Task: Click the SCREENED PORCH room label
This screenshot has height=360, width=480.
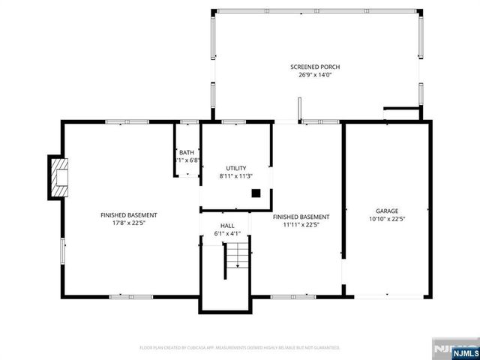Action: pyautogui.click(x=315, y=67)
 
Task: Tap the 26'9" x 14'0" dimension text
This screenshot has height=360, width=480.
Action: pyautogui.click(x=315, y=75)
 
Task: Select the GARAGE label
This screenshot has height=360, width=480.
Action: pyautogui.click(x=387, y=211)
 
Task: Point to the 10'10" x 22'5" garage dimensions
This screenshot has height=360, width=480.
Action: pyautogui.click(x=387, y=220)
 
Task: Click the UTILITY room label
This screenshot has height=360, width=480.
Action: pyautogui.click(x=236, y=168)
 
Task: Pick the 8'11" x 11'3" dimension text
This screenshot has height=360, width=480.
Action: pyautogui.click(x=236, y=176)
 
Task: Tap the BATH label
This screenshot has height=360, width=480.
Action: pyautogui.click(x=186, y=152)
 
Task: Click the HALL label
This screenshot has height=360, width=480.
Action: pyautogui.click(x=226, y=226)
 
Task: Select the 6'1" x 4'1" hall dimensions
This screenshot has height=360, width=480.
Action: pyautogui.click(x=226, y=234)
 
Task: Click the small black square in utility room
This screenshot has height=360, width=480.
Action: pyautogui.click(x=256, y=193)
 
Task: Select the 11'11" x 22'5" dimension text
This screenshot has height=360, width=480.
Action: pyautogui.click(x=307, y=223)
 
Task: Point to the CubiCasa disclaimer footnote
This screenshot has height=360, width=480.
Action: pyautogui.click(x=240, y=348)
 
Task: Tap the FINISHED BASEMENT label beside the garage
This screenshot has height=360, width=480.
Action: pyautogui.click(x=307, y=216)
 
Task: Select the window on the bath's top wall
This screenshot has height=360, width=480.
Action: pyautogui.click(x=189, y=121)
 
